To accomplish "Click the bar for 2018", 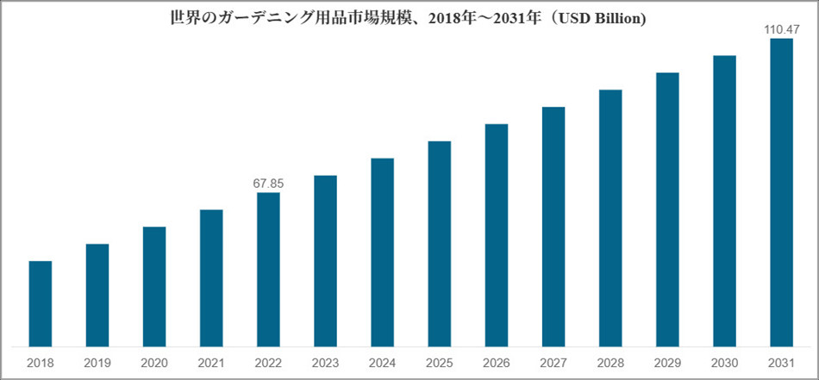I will point(41,304).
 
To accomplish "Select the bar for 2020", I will point(154,287).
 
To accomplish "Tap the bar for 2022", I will point(268,270).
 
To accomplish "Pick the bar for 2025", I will point(440,244).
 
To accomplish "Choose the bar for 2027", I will point(553,227).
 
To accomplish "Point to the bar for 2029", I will point(667,209).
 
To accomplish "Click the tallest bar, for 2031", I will point(781,192).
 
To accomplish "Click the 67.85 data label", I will point(268,183).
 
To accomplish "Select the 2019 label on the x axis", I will point(97,362).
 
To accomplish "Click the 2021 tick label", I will point(211,362).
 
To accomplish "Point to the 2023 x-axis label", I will point(325,362).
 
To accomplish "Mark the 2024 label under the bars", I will point(382,362).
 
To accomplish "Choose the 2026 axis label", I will point(497,362).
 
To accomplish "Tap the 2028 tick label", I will point(610,362).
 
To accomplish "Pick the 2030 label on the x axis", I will point(724,362).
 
